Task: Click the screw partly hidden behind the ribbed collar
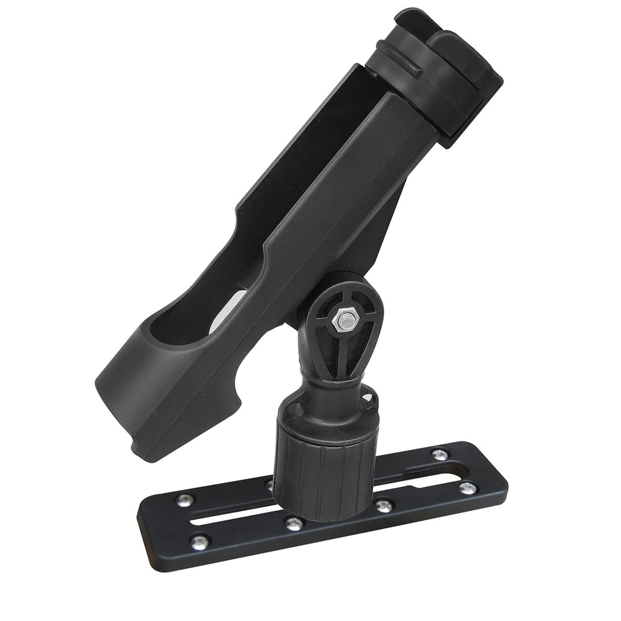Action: [x=268, y=483]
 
